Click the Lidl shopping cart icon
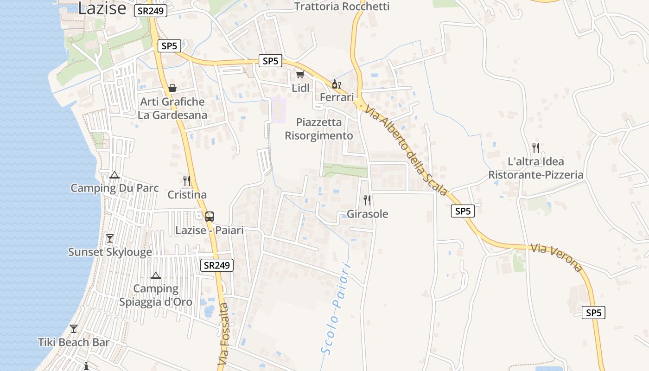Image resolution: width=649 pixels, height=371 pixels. click(x=300, y=75)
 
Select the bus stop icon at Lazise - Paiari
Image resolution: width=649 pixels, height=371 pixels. click(x=210, y=216)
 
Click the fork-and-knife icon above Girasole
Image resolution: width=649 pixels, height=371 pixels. click(x=367, y=200)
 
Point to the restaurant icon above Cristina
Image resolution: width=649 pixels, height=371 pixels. click(x=187, y=181)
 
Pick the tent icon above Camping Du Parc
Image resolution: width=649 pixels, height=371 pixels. click(x=115, y=175)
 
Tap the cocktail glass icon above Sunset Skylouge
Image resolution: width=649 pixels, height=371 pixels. click(x=110, y=238)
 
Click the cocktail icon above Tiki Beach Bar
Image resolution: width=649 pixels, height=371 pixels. click(x=74, y=329)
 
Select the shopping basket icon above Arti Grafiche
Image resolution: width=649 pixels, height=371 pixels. click(x=172, y=88)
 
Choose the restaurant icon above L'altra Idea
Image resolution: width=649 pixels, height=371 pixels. click(x=536, y=148)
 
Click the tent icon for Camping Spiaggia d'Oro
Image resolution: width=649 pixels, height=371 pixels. click(x=156, y=275)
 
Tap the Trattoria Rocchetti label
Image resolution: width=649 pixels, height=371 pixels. click(x=342, y=6)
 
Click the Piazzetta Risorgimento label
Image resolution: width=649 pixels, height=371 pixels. click(x=319, y=129)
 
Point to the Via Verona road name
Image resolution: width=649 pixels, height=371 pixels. click(x=556, y=257)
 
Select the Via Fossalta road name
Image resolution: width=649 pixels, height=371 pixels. click(x=224, y=333)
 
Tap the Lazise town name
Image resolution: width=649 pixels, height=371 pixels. click(x=102, y=8)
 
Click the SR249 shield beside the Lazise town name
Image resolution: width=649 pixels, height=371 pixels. click(x=151, y=11)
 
